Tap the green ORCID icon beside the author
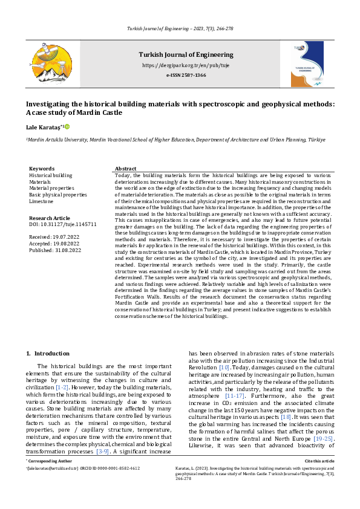(67, 127)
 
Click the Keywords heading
(42, 169)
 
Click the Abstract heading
(126, 169)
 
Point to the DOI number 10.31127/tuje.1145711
(63, 224)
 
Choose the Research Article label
(50, 217)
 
